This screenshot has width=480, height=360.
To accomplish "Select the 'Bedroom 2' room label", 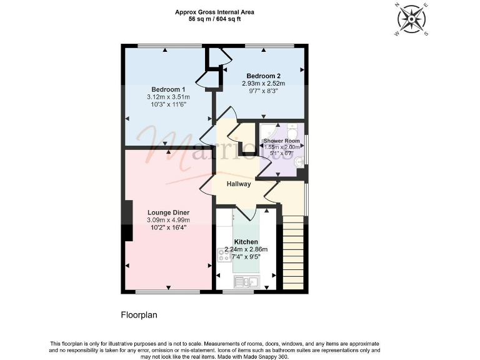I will coord(263,74).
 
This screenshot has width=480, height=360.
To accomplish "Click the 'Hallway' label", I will coord(238,184).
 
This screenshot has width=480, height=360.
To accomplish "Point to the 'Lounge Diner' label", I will coord(168,212).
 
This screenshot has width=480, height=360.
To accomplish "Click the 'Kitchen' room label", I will coord(246,241).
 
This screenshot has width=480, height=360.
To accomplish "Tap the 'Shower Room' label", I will coord(281,141).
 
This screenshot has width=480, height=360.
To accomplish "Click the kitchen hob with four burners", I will coord(224,254).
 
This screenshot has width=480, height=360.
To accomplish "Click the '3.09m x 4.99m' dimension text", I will coord(168,220).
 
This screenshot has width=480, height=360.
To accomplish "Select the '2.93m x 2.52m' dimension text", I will coord(263,82).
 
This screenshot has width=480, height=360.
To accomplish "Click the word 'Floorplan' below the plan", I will coord(139,315).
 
